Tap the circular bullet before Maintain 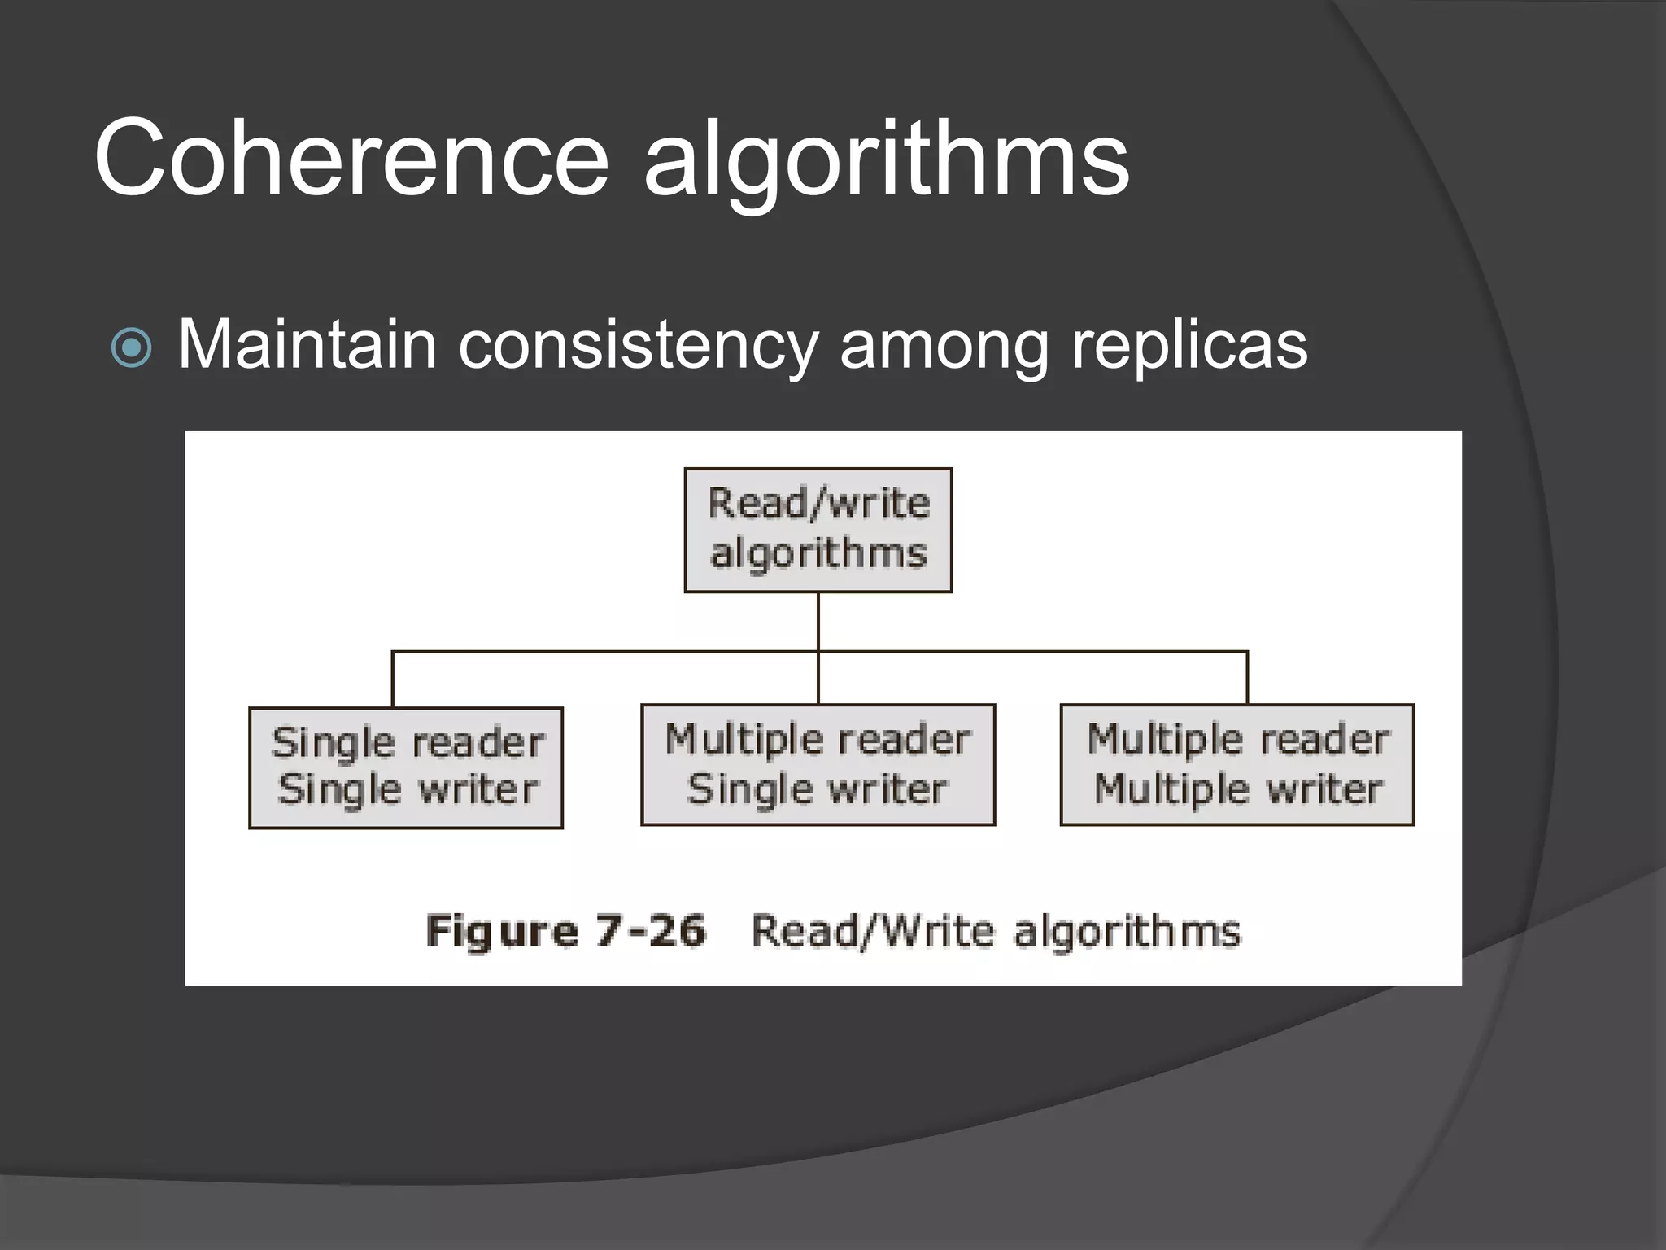131,347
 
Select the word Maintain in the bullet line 307,345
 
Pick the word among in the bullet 944,348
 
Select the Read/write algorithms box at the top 818,530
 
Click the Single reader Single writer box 406,767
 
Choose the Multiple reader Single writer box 818,765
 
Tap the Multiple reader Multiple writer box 1236,765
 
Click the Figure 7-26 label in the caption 566,931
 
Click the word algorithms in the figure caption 1127,931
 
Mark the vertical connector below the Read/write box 818,622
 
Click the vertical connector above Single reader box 393,680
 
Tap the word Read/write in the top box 818,503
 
